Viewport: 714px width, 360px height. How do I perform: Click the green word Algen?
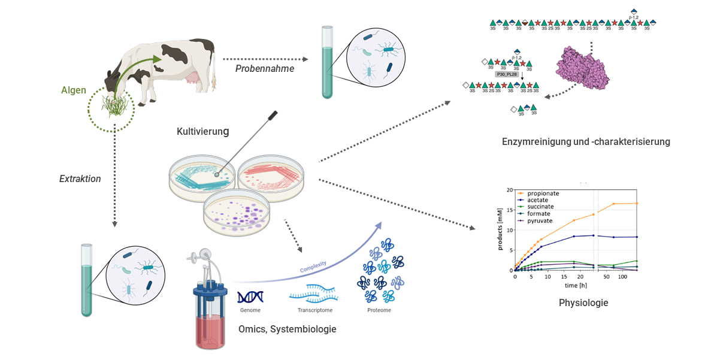click(74, 91)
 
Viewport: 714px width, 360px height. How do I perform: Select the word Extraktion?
click(80, 179)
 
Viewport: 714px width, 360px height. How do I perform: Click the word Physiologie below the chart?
click(583, 303)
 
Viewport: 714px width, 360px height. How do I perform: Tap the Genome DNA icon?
click(250, 298)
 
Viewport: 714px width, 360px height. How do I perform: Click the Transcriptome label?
click(314, 310)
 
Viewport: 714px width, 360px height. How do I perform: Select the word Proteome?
click(380, 310)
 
